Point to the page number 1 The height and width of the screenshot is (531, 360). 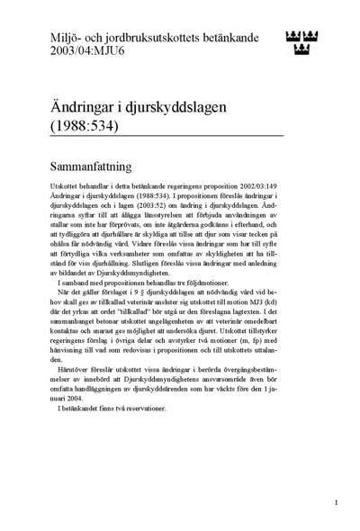[x=336, y=503]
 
